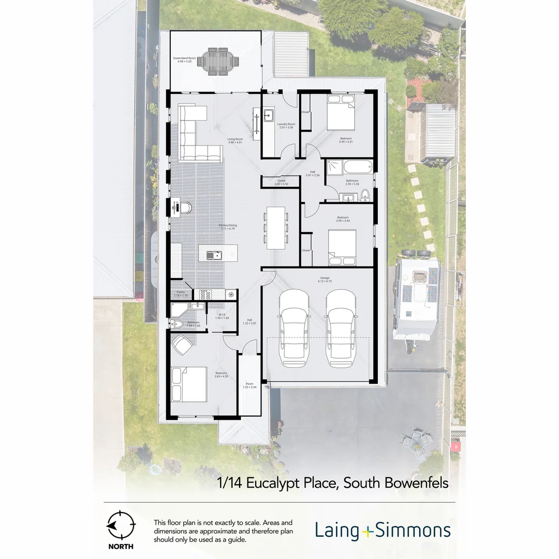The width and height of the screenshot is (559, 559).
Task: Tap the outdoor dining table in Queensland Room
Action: (222, 61)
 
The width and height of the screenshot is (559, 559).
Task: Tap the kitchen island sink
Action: (213, 255)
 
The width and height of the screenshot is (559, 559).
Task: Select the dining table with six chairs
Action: (275, 228)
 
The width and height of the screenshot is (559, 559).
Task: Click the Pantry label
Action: (181, 293)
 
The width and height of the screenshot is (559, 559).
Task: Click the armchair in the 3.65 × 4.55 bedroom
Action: (182, 344)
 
